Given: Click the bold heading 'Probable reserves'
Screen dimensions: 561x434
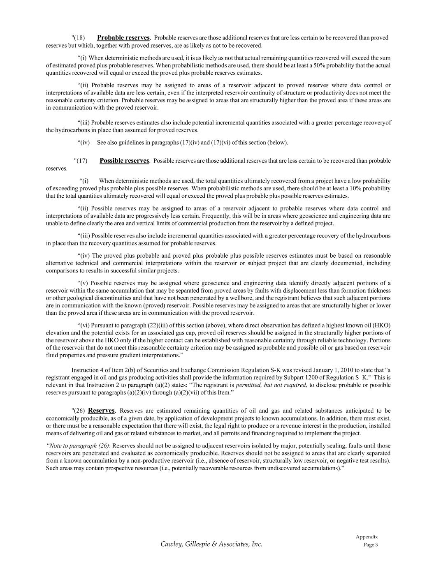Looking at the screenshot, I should point(123,38).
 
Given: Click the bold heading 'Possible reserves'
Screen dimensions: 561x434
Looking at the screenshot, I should point(124,161).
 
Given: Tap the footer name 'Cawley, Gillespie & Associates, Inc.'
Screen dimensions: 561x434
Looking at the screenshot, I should point(211,544).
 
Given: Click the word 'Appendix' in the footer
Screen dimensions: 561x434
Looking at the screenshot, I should point(367,537).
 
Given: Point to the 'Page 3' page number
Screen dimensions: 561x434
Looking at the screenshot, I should point(371,545).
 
